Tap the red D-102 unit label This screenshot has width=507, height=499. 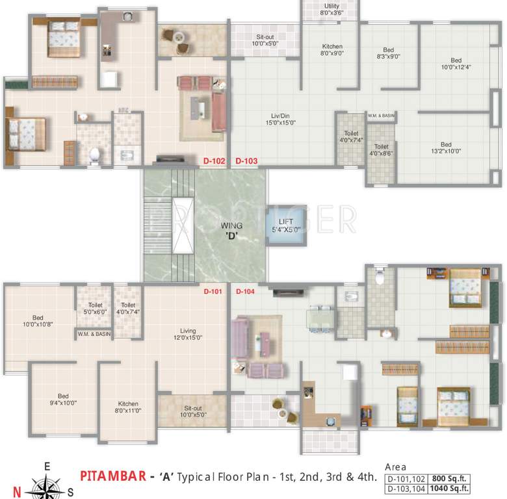214,160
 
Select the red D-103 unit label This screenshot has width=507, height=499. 246,160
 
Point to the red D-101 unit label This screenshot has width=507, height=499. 213,292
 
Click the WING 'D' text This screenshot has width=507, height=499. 231,230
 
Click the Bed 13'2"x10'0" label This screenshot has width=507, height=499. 445,148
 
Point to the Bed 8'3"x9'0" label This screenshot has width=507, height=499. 388,54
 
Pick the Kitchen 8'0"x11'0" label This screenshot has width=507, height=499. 128,407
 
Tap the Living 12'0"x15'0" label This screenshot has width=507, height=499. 188,334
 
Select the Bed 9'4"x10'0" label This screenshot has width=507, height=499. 62,400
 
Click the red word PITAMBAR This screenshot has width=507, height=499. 112,476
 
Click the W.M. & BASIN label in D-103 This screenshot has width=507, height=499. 381,116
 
